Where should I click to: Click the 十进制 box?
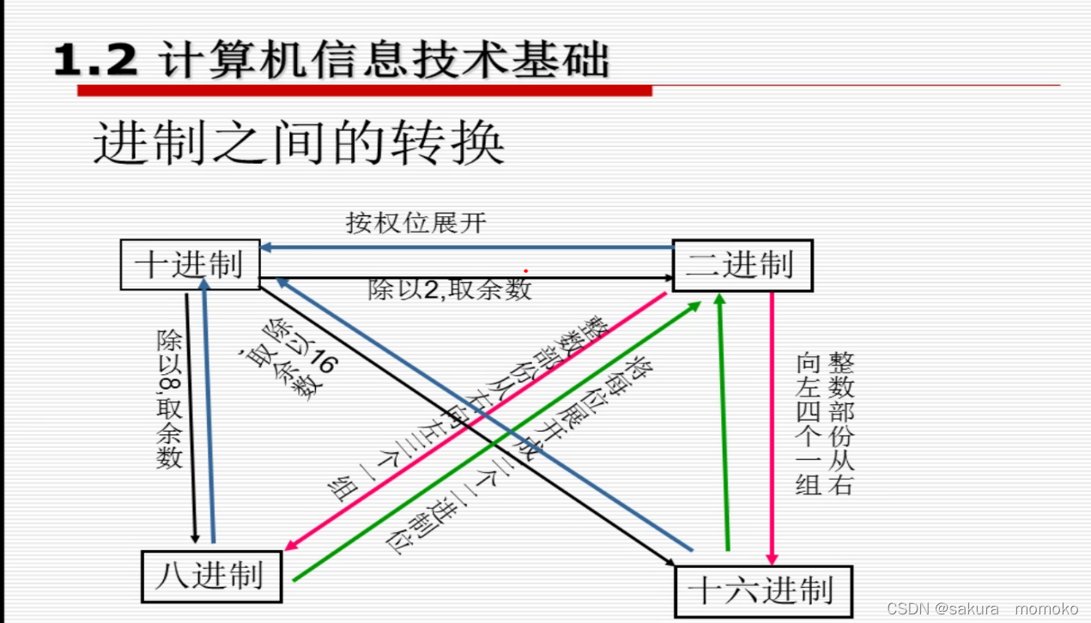tap(190, 264)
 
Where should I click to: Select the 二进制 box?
tap(742, 265)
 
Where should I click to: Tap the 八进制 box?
tap(212, 576)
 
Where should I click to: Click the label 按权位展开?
tap(416, 224)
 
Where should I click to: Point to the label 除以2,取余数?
tap(450, 290)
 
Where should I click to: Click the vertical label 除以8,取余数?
tap(169, 398)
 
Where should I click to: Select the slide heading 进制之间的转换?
tap(298, 142)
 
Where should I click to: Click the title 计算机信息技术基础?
tap(384, 62)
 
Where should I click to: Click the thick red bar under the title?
tap(364, 90)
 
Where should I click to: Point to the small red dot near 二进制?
tap(525, 271)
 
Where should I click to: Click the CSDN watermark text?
tap(982, 608)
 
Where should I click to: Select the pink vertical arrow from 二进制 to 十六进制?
tap(772, 429)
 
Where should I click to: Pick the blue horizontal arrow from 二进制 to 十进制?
tap(468, 247)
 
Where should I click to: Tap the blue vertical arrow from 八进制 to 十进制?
tap(209, 412)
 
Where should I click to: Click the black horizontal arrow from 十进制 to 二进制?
tap(468, 277)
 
